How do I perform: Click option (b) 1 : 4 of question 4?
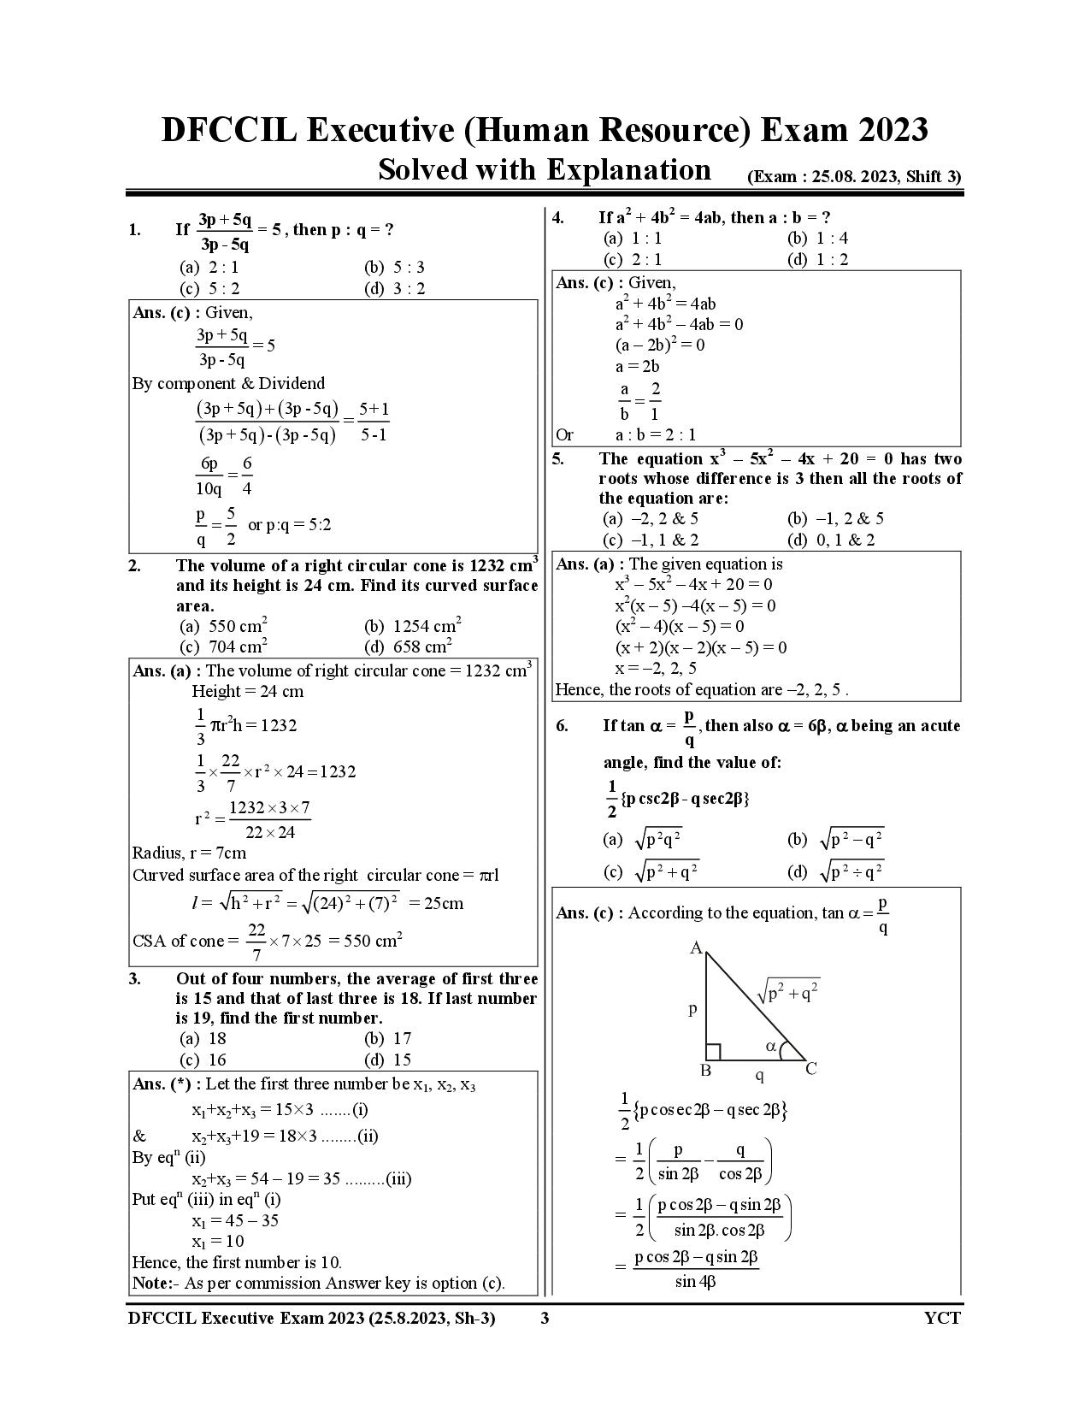pyautogui.click(x=818, y=239)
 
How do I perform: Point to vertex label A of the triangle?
pyautogui.click(x=696, y=948)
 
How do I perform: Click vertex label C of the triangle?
pyautogui.click(x=811, y=1068)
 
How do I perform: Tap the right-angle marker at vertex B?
pyautogui.click(x=713, y=1052)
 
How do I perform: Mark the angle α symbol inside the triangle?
pyautogui.click(x=771, y=1046)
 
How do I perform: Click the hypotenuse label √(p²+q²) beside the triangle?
pyautogui.click(x=788, y=992)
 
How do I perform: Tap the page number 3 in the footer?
pyautogui.click(x=545, y=1318)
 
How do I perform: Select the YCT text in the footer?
pyautogui.click(x=942, y=1318)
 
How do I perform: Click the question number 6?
pyautogui.click(x=562, y=726)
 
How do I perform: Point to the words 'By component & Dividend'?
pyautogui.click(x=228, y=383)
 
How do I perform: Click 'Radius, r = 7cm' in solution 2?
pyautogui.click(x=189, y=853)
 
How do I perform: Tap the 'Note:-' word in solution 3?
pyautogui.click(x=154, y=1283)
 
